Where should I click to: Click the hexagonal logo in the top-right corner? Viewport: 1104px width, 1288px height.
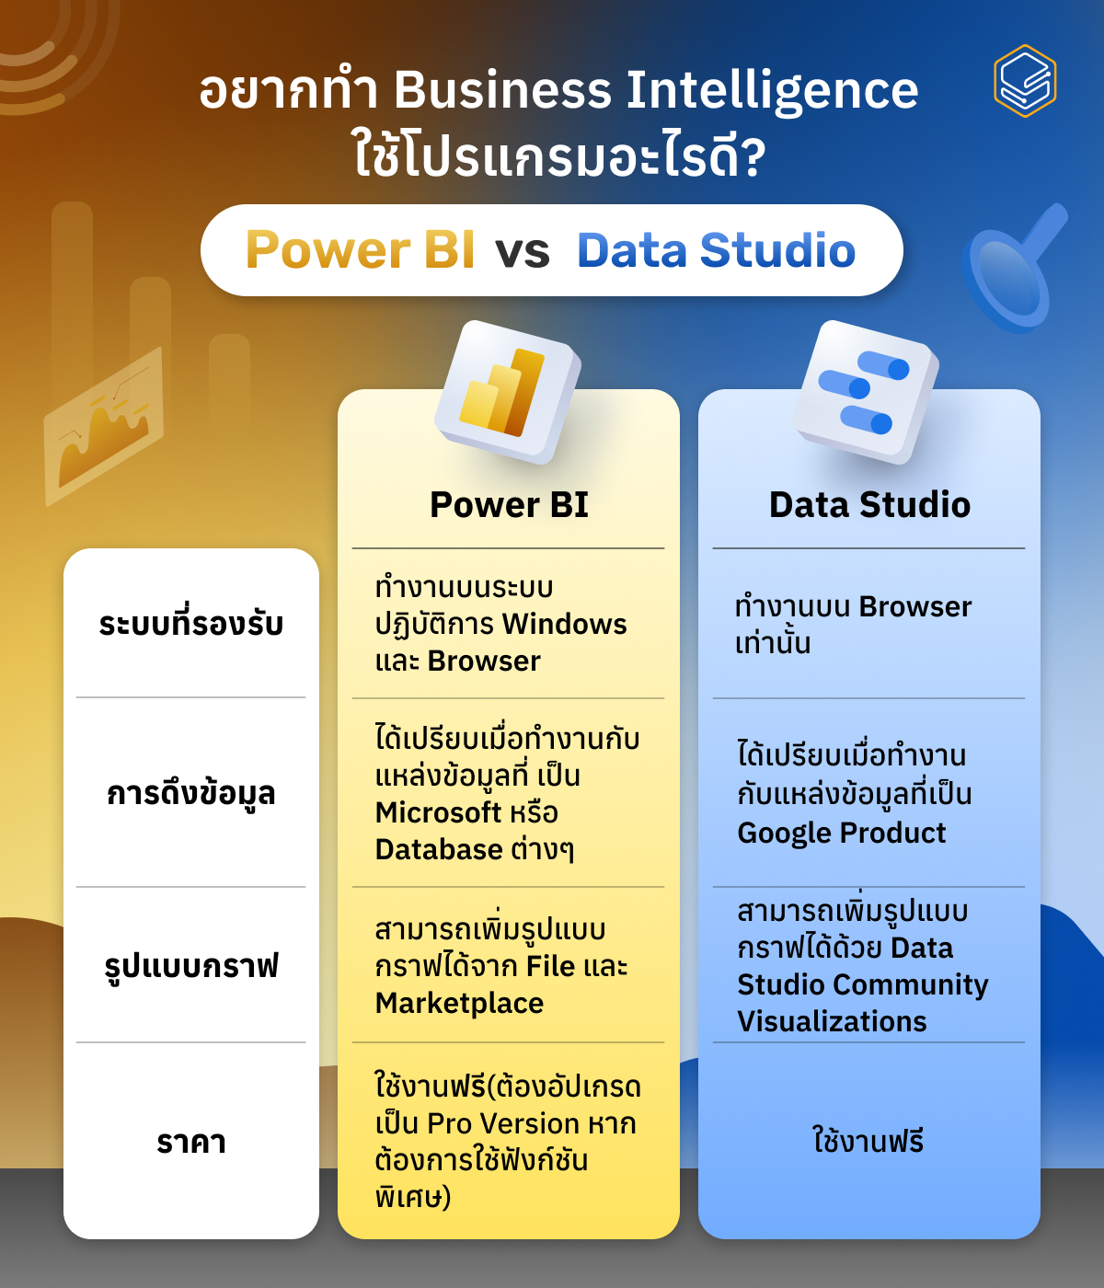[x=1025, y=81]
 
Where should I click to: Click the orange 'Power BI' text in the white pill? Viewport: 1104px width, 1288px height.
[x=360, y=250]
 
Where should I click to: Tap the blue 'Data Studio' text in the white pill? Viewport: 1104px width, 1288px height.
[x=716, y=250]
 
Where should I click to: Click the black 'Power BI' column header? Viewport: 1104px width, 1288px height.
[x=509, y=505]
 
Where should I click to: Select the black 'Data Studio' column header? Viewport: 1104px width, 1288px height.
[x=869, y=505]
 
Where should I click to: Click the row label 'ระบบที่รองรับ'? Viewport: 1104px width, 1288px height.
[x=191, y=624]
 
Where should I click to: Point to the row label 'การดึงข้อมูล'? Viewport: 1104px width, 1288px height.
[x=191, y=793]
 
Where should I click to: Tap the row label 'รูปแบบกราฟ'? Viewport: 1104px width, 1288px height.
[x=191, y=966]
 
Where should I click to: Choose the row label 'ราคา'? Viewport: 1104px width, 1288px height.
[x=191, y=1142]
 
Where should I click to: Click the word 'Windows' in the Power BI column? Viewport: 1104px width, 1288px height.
[x=565, y=624]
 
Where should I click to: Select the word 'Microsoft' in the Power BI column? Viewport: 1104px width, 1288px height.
[x=438, y=812]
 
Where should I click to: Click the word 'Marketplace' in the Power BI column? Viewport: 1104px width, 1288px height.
[x=459, y=1003]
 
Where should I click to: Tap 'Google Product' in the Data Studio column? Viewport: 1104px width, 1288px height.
[x=841, y=833]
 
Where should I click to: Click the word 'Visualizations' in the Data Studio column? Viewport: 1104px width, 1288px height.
[x=832, y=1021]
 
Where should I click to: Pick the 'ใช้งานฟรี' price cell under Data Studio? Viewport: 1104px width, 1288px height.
[x=868, y=1142]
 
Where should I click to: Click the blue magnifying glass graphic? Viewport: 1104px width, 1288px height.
[x=1012, y=271]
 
